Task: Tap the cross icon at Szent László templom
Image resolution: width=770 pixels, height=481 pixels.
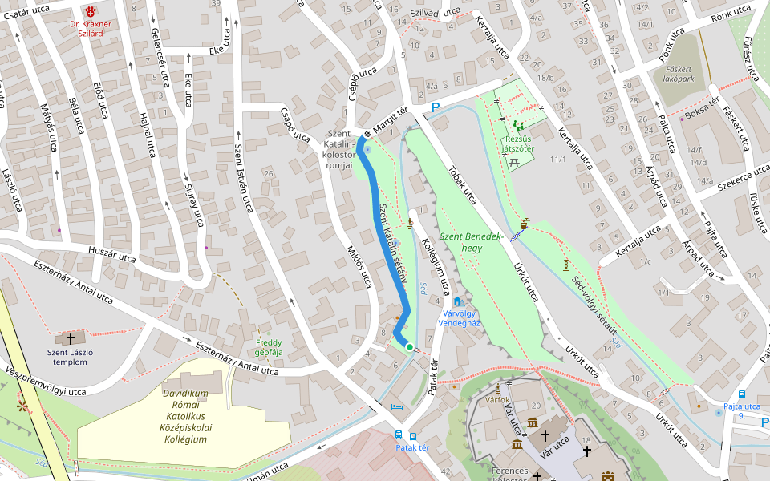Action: tap(71, 338)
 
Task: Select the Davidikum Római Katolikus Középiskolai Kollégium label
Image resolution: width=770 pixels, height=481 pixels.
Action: tap(186, 417)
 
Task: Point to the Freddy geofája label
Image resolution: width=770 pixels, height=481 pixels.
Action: tap(269, 347)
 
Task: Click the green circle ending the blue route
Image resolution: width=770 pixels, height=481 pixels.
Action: tap(409, 347)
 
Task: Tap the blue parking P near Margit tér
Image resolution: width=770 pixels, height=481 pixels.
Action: tap(436, 107)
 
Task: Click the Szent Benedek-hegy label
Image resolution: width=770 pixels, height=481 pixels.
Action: tap(471, 242)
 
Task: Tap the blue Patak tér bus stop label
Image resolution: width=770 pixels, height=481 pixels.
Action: tap(412, 448)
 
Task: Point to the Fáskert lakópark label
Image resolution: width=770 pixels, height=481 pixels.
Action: tap(684, 74)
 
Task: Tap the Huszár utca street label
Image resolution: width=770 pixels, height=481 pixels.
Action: tap(112, 254)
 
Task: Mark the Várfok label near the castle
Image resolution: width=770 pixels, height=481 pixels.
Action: tap(498, 398)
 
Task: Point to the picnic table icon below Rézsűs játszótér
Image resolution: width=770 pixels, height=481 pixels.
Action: tap(515, 162)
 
